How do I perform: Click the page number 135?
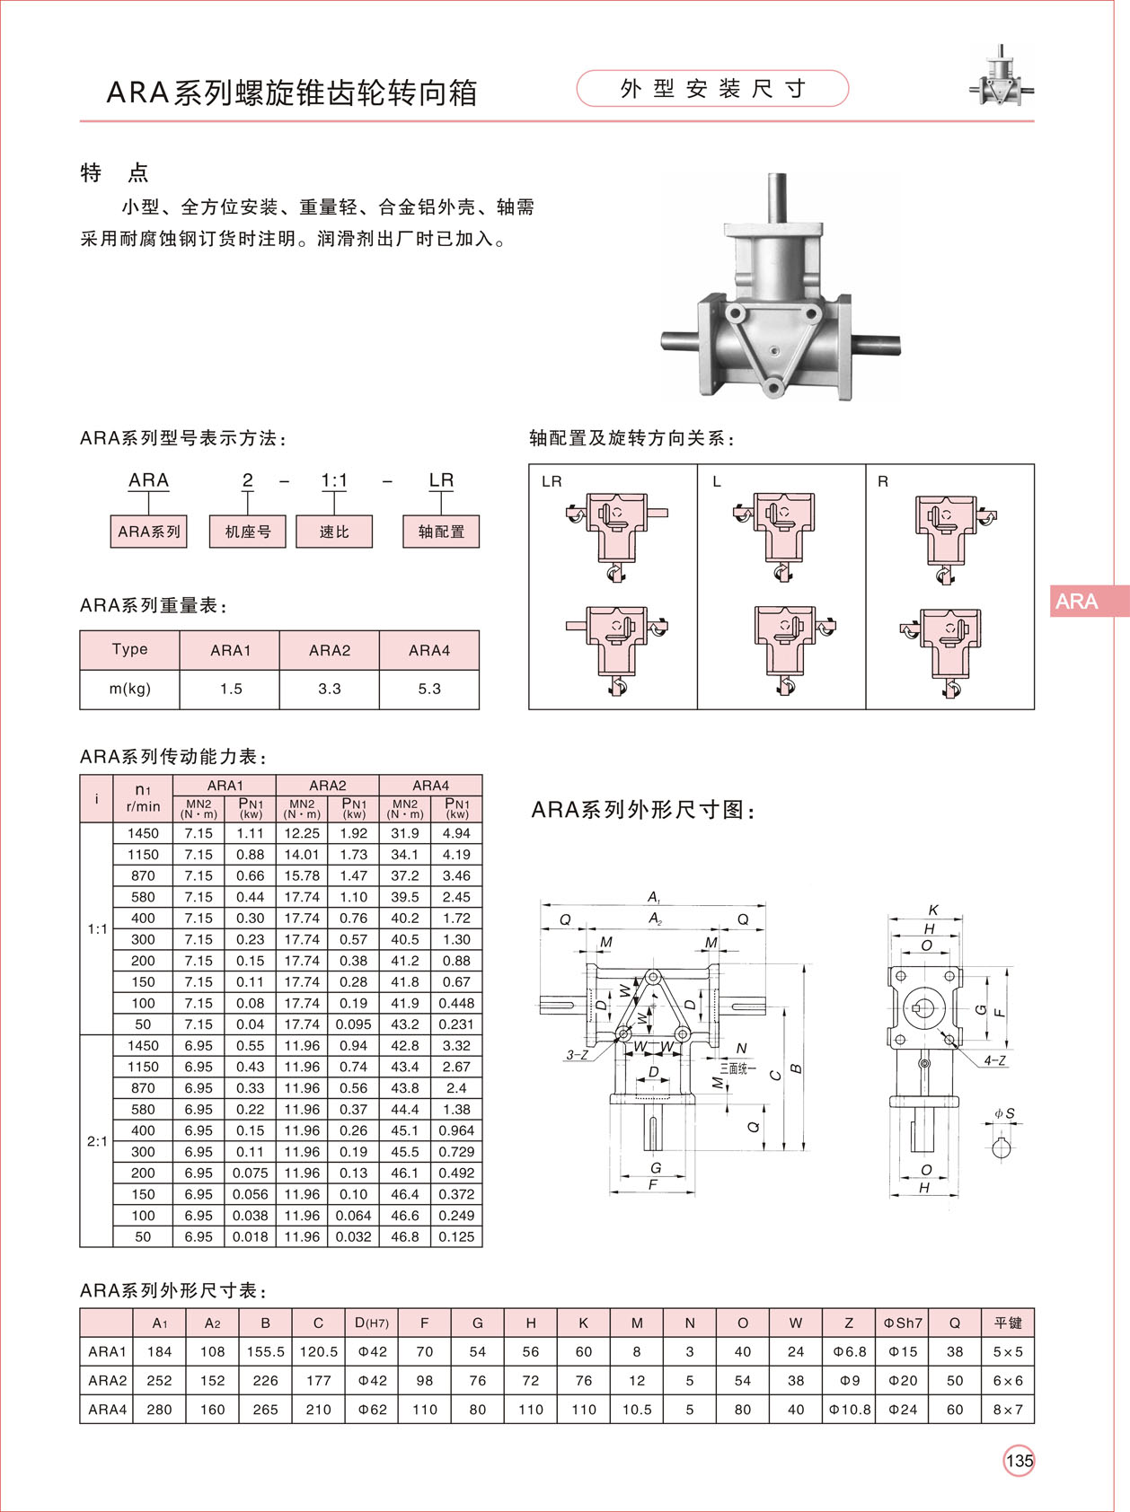point(1019,1461)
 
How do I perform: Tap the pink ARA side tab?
point(1088,602)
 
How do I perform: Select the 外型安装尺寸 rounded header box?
point(711,89)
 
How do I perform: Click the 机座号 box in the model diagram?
point(247,532)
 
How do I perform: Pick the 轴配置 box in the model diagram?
point(441,532)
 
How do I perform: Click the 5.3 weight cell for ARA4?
point(429,689)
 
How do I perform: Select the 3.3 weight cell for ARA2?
point(330,689)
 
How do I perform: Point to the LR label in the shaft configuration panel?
point(552,482)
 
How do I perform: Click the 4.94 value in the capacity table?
point(456,833)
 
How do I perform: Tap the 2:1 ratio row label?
point(97,1141)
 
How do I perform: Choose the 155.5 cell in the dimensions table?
point(265,1351)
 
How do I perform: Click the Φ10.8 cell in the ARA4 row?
point(849,1409)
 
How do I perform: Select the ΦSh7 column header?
point(902,1323)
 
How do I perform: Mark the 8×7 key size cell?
point(1007,1409)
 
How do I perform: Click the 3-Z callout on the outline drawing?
point(577,1055)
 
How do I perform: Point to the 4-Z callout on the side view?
point(994,1060)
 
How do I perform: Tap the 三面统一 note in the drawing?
point(737,1068)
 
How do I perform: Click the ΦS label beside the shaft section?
point(1004,1114)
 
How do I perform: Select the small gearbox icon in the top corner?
point(1000,78)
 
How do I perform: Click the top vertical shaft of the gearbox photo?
point(777,198)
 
